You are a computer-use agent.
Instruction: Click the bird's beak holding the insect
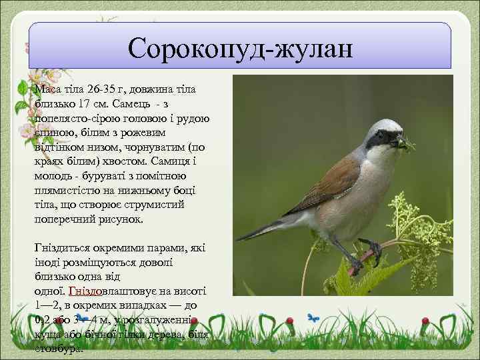pos(401,141)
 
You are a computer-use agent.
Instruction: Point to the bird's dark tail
pos(263,227)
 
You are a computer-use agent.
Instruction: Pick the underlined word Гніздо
pos(85,291)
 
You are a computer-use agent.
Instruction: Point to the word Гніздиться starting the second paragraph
pos(65,248)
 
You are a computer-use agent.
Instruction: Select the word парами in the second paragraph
pos(159,248)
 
